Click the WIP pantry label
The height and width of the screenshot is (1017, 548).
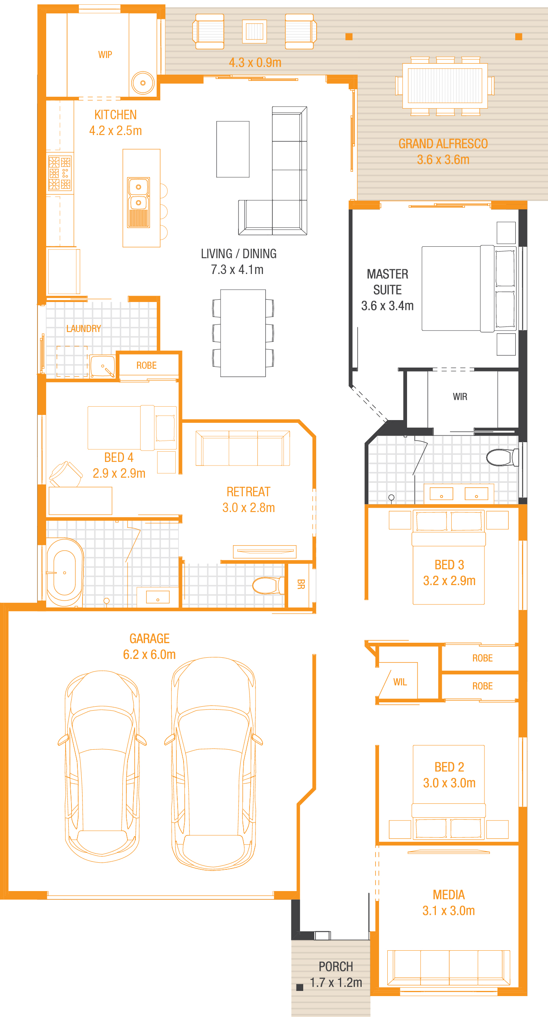[x=105, y=54]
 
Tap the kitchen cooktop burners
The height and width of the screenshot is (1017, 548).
[x=60, y=173]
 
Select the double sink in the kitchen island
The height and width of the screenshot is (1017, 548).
[x=139, y=203]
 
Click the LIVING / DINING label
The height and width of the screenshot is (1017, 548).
[x=238, y=253]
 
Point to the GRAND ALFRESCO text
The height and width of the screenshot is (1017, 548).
[x=443, y=144]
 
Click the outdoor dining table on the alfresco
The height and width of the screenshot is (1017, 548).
[x=445, y=86]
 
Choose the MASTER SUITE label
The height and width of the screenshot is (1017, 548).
[x=387, y=282]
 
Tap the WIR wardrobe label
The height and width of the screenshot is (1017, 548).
[x=460, y=396]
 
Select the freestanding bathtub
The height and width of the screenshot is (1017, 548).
[x=64, y=572]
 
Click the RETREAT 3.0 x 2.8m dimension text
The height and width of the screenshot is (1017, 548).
[x=248, y=507]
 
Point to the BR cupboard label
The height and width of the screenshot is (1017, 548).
[x=301, y=584]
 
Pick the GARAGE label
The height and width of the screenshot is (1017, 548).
[x=149, y=638]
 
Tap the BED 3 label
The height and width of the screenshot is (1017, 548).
[x=449, y=565]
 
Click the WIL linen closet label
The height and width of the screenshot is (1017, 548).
[x=400, y=682]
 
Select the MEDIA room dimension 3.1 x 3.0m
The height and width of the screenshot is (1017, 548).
[x=449, y=910]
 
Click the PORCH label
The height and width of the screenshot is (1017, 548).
[x=336, y=966]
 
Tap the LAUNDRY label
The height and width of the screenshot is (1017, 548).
[x=84, y=328]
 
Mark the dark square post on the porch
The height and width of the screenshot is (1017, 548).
[x=300, y=987]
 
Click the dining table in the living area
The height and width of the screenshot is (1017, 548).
[x=243, y=333]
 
